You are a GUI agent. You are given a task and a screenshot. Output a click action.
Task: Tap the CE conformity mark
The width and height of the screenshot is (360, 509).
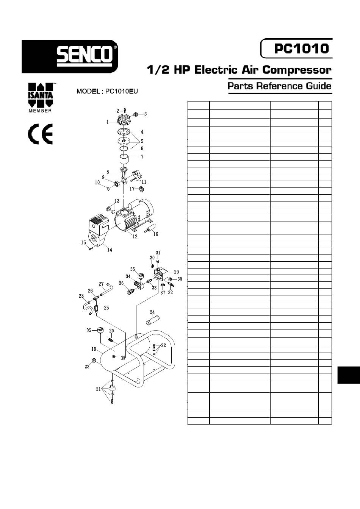click(40, 134)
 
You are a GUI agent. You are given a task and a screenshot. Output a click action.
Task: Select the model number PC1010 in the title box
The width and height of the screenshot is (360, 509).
click(301, 48)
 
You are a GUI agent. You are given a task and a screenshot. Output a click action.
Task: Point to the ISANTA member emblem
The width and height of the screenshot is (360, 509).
click(41, 97)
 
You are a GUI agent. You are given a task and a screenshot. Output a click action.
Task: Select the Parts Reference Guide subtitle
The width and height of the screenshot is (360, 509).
click(279, 86)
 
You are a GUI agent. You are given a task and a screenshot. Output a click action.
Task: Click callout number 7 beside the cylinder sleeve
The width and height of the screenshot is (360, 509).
click(142, 157)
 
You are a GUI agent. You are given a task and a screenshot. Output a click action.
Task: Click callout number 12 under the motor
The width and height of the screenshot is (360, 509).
click(135, 236)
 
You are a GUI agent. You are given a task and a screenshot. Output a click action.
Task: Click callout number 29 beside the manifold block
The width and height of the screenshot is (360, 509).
click(176, 272)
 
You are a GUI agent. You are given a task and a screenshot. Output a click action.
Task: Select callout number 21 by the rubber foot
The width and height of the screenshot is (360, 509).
click(99, 389)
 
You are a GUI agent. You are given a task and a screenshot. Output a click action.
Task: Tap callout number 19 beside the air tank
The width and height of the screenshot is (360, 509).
click(94, 349)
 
